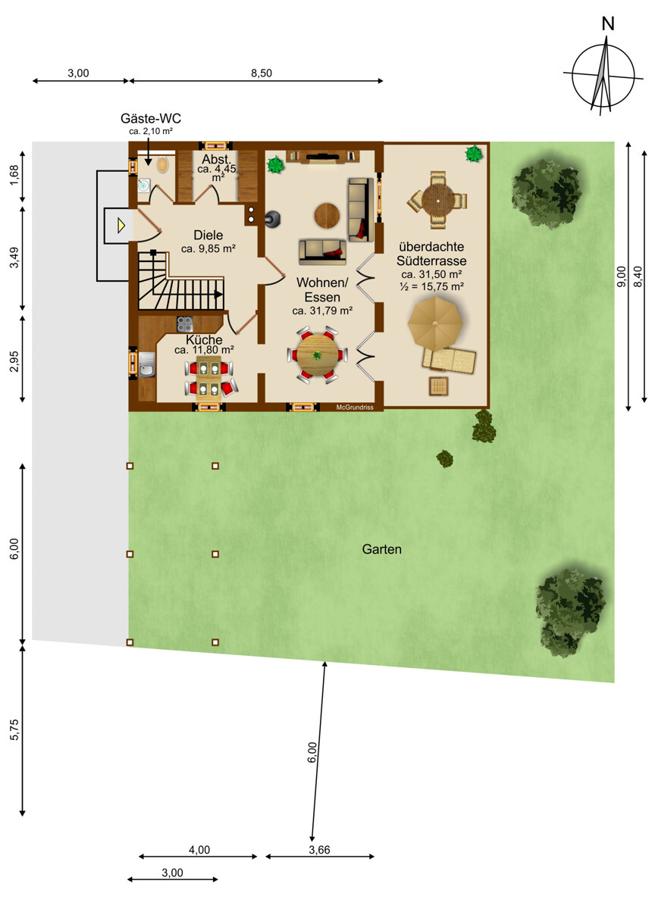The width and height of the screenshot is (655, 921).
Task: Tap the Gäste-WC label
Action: click(x=151, y=118)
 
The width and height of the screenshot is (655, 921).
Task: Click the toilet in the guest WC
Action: click(x=163, y=164)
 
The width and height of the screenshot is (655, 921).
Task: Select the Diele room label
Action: click(x=208, y=236)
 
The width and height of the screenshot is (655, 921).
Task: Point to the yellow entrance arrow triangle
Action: click(x=121, y=225)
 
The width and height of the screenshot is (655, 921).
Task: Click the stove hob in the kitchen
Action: click(x=185, y=324)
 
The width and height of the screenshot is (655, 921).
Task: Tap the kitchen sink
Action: click(x=147, y=364)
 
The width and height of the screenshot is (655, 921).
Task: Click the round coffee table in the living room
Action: click(x=327, y=215)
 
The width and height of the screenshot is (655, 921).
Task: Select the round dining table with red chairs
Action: click(x=317, y=355)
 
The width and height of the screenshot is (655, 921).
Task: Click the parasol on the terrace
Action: click(x=435, y=323)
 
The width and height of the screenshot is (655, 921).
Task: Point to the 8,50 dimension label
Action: click(x=262, y=73)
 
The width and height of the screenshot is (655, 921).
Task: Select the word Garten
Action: click(x=382, y=549)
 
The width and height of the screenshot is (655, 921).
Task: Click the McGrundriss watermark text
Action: click(x=355, y=407)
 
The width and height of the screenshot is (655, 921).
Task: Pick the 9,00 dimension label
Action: click(x=621, y=276)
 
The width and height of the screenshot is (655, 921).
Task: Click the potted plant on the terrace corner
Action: click(x=474, y=154)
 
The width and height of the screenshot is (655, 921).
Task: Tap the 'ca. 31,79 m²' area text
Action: click(x=322, y=311)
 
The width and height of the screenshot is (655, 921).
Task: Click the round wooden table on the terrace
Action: click(x=438, y=200)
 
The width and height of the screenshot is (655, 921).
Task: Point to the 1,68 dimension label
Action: click(x=14, y=175)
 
